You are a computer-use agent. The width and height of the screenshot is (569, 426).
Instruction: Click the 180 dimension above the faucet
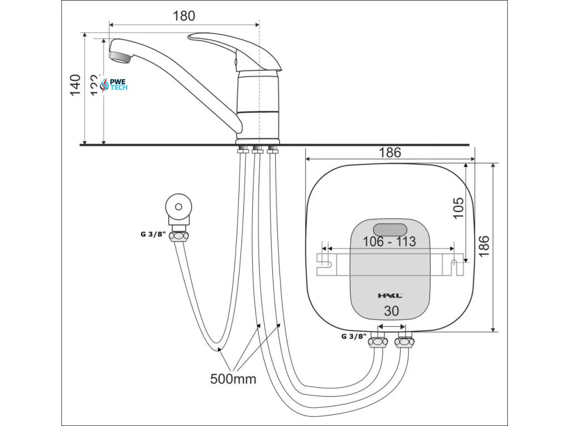point(184,16)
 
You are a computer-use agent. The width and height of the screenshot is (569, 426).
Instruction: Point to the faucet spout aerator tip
point(119,55)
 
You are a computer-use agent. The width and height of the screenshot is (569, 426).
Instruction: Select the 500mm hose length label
point(233,379)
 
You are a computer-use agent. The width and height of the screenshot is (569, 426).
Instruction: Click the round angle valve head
point(178,207)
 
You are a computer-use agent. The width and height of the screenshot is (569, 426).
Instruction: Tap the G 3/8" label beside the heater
point(353,336)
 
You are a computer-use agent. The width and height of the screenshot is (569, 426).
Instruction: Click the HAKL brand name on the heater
point(391,296)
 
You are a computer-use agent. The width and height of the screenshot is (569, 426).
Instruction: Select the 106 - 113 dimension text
point(389,242)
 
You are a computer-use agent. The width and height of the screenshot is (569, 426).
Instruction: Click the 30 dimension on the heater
point(391,312)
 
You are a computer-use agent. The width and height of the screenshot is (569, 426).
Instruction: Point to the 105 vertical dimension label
point(458,208)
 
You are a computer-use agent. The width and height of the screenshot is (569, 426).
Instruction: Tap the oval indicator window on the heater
point(390,228)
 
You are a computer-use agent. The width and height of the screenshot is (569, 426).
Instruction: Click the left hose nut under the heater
point(378,342)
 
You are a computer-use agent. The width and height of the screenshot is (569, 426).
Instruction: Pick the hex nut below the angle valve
point(179,236)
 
